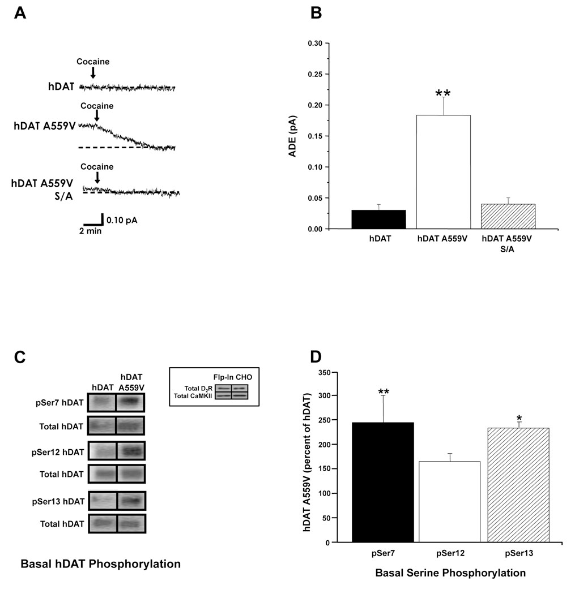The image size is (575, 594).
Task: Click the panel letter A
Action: (x=20, y=12)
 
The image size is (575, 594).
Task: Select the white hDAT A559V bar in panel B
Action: (x=443, y=172)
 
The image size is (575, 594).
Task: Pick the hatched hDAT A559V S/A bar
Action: (x=508, y=217)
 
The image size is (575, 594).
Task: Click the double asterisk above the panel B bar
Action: (x=442, y=94)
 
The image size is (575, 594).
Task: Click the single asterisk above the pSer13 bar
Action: (x=519, y=419)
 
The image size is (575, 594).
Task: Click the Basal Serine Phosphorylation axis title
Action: (x=450, y=573)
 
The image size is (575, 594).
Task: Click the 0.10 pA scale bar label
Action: (x=122, y=221)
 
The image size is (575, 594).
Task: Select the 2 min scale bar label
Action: (x=91, y=231)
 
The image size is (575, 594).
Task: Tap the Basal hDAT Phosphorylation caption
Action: (x=100, y=564)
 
